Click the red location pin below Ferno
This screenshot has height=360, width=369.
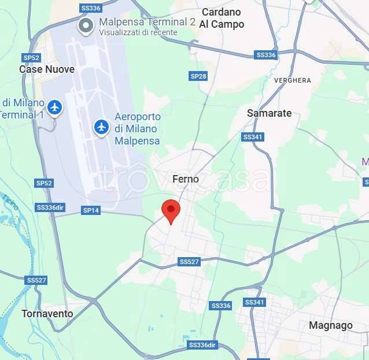171,210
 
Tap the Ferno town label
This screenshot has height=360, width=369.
186,179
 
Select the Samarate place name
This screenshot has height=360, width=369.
269,113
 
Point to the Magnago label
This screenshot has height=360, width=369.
330,325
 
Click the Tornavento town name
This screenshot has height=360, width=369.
47,314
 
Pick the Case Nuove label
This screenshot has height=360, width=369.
47,69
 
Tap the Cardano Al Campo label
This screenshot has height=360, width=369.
222,18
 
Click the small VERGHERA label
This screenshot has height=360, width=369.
292,80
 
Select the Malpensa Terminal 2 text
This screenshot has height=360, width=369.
147,22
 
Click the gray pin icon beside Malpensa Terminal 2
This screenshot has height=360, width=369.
86,25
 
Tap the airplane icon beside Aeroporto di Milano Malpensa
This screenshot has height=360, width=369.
102,126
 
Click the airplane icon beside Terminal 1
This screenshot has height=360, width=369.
55,107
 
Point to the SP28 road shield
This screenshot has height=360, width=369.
198,76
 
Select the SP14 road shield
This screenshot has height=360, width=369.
91,210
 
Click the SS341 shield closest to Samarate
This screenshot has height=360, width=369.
252,137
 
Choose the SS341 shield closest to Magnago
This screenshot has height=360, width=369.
254,302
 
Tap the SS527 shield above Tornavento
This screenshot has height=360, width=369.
36,280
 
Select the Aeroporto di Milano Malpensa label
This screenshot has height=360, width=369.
137,128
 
